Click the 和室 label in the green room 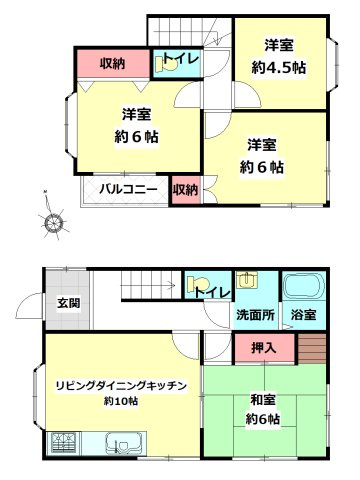264,401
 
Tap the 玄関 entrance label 67,303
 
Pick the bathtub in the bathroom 302,288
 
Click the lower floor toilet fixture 197,285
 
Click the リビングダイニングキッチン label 118,382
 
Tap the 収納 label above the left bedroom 112,64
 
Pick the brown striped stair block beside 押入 312,349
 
